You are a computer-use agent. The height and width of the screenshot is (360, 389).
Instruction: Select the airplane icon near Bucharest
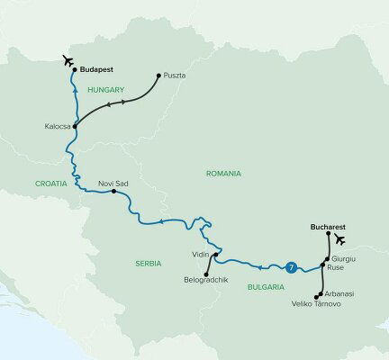click(x=340, y=239)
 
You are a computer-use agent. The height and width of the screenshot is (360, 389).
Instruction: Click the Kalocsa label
click(x=57, y=127)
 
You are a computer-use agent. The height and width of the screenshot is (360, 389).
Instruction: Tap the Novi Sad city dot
click(x=114, y=191)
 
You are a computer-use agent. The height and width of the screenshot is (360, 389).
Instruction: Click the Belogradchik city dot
click(x=206, y=274)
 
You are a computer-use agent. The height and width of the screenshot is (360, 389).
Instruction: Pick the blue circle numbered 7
click(x=289, y=266)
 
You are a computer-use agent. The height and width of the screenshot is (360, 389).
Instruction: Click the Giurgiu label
click(x=344, y=257)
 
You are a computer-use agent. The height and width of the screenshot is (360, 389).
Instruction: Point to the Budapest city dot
click(x=74, y=68)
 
